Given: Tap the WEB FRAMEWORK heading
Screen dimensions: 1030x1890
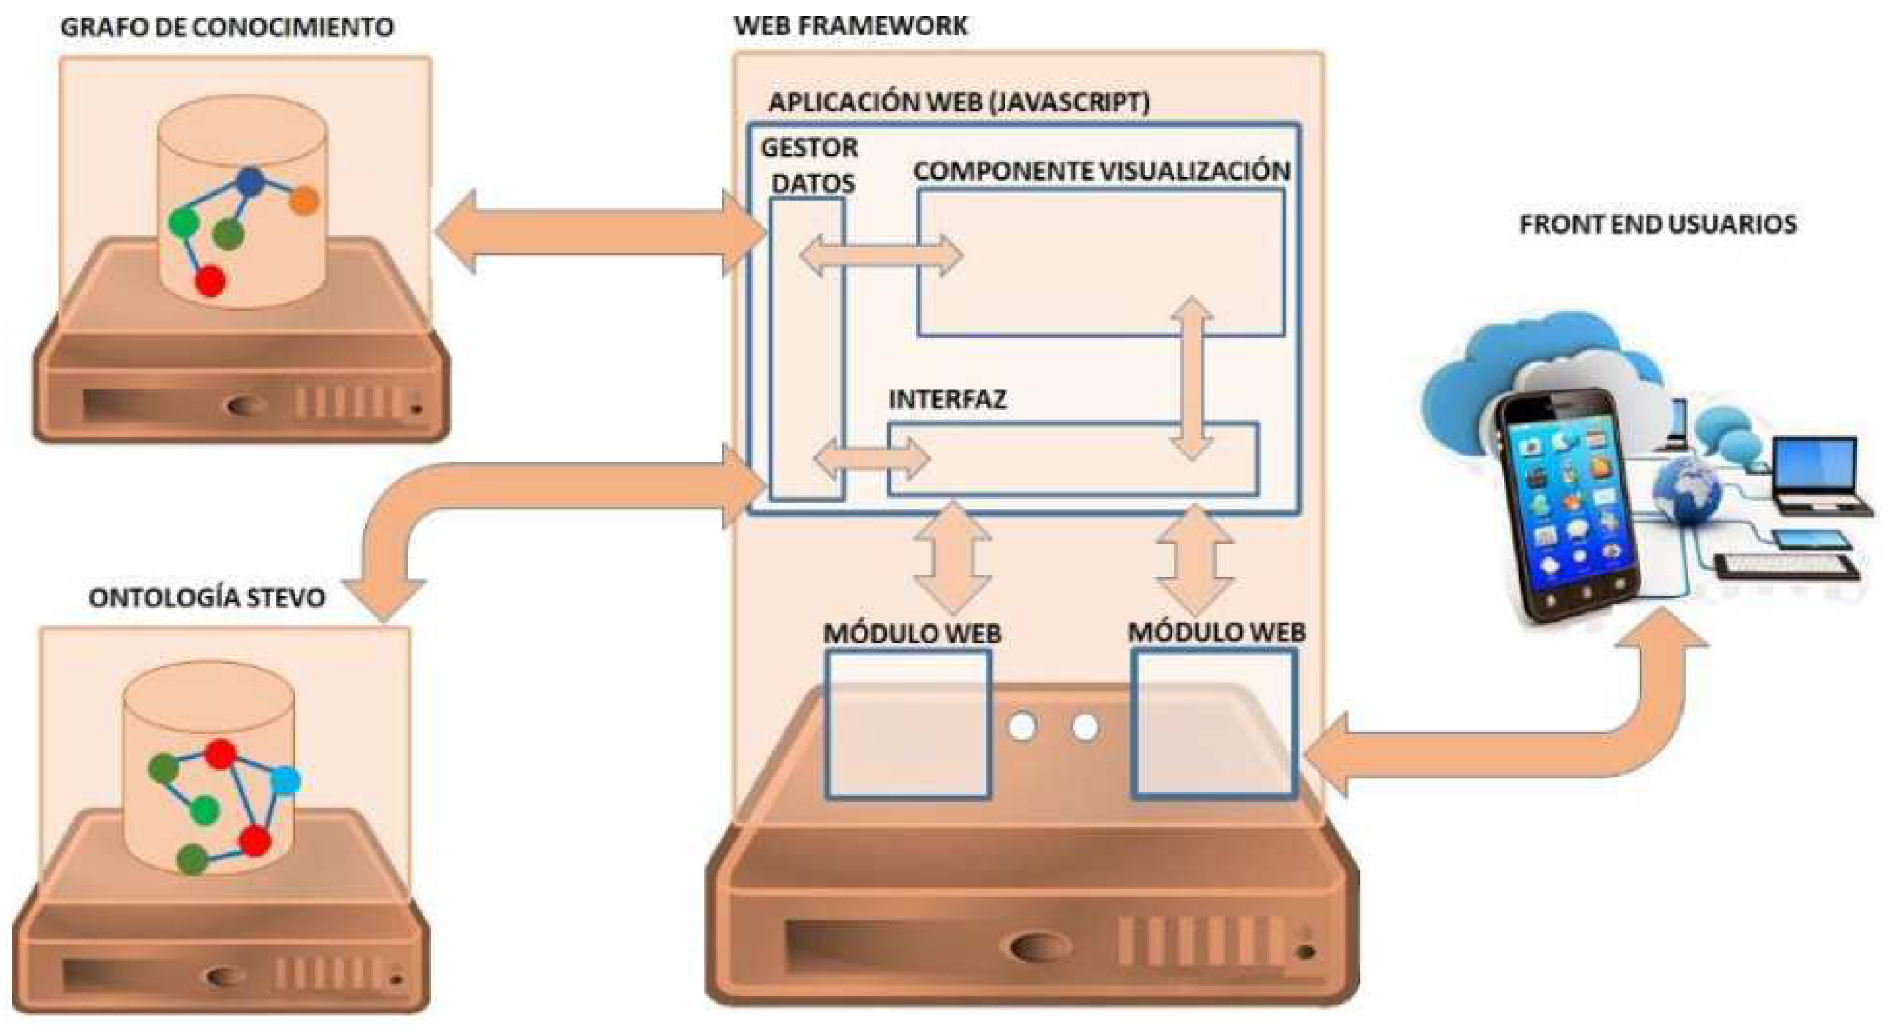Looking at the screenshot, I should (850, 26).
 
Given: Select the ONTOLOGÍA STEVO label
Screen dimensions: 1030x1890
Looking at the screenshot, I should (207, 597).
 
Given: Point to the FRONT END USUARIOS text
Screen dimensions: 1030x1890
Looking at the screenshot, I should (1658, 224).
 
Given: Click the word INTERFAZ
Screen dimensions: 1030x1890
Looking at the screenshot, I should (947, 399).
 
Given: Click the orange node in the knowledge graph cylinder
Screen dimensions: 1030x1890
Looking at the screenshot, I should (303, 200).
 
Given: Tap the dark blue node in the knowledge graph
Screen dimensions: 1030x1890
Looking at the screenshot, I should (251, 181).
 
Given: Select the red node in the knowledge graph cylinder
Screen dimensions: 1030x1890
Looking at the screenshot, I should (211, 281).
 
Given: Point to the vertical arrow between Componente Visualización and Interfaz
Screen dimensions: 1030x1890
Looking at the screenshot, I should (1191, 378).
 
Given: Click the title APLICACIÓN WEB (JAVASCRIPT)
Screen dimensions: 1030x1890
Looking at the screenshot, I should (958, 102).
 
